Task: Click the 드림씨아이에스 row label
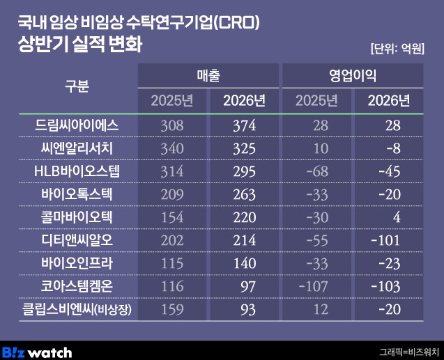click(77, 125)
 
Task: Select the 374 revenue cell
click(245, 125)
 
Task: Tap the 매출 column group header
click(208, 75)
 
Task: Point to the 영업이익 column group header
click(353, 75)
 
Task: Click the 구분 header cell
click(77, 86)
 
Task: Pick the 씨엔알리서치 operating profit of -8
click(394, 148)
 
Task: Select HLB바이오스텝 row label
click(77, 171)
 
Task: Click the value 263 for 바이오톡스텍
click(245, 194)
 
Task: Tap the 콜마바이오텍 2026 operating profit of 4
click(397, 217)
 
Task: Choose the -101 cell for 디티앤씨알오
click(385, 240)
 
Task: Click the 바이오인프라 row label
click(77, 263)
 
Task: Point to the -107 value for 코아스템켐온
click(314, 286)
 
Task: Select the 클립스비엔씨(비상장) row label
click(77, 309)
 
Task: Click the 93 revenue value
click(248, 309)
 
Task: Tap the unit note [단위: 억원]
click(397, 49)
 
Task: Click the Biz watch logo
click(37, 352)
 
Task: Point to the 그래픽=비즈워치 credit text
click(409, 352)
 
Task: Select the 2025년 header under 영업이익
click(316, 100)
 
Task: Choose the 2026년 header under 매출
click(244, 100)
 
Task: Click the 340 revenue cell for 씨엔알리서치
click(172, 148)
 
